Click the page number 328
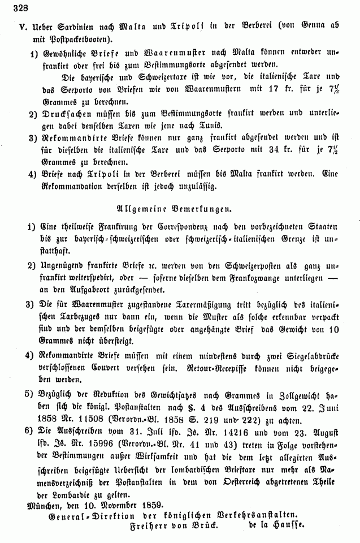click(11, 6)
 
